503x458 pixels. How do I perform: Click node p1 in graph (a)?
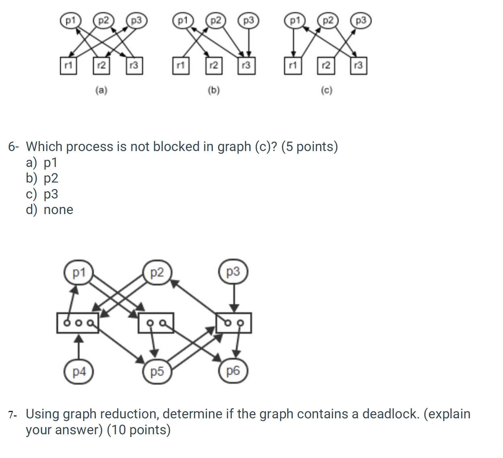click(70, 21)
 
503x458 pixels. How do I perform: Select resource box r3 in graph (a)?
click(134, 66)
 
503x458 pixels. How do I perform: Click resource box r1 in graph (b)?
click(181, 66)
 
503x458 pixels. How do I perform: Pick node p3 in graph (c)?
click(361, 21)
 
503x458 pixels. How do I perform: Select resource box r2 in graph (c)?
click(326, 66)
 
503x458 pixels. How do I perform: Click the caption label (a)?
click(101, 90)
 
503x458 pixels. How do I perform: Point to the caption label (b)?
click(213, 90)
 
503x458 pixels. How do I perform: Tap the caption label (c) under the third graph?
click(327, 90)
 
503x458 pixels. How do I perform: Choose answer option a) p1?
click(42, 162)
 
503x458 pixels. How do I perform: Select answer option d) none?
click(49, 210)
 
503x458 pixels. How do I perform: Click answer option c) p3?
click(42, 194)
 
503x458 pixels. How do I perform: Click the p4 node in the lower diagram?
click(79, 371)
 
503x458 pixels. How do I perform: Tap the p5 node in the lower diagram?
click(157, 371)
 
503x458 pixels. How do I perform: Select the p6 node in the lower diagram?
click(233, 370)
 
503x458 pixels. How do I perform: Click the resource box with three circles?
click(78, 323)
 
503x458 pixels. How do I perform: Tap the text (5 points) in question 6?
click(309, 147)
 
